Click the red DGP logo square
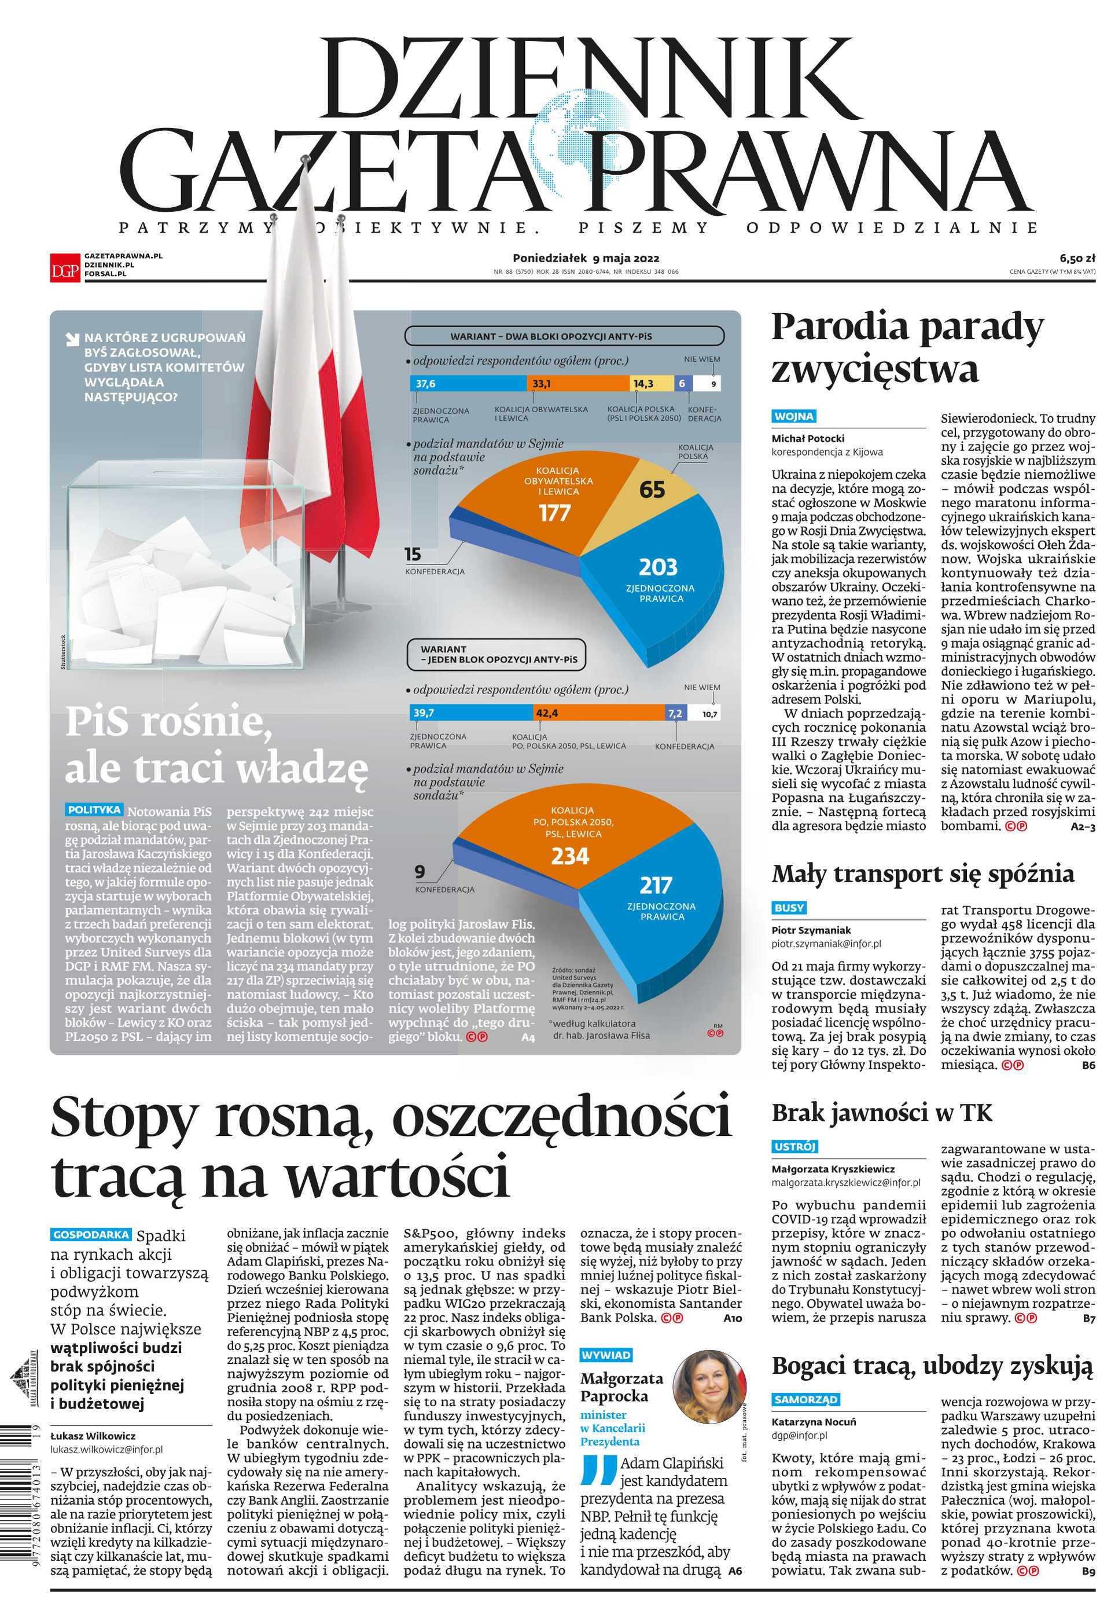65,267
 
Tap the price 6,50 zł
1077,258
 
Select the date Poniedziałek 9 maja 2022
586,258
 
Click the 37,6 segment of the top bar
467,384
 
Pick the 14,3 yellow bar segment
652,384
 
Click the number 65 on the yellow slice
652,490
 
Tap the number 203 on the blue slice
658,567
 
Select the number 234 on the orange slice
570,856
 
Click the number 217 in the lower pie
656,886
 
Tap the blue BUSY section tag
789,908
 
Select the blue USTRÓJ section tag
794,1147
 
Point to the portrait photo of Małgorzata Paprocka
709,1388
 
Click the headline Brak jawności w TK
881,1112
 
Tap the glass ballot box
185,566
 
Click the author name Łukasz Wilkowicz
93,1436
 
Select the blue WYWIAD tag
606,1355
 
